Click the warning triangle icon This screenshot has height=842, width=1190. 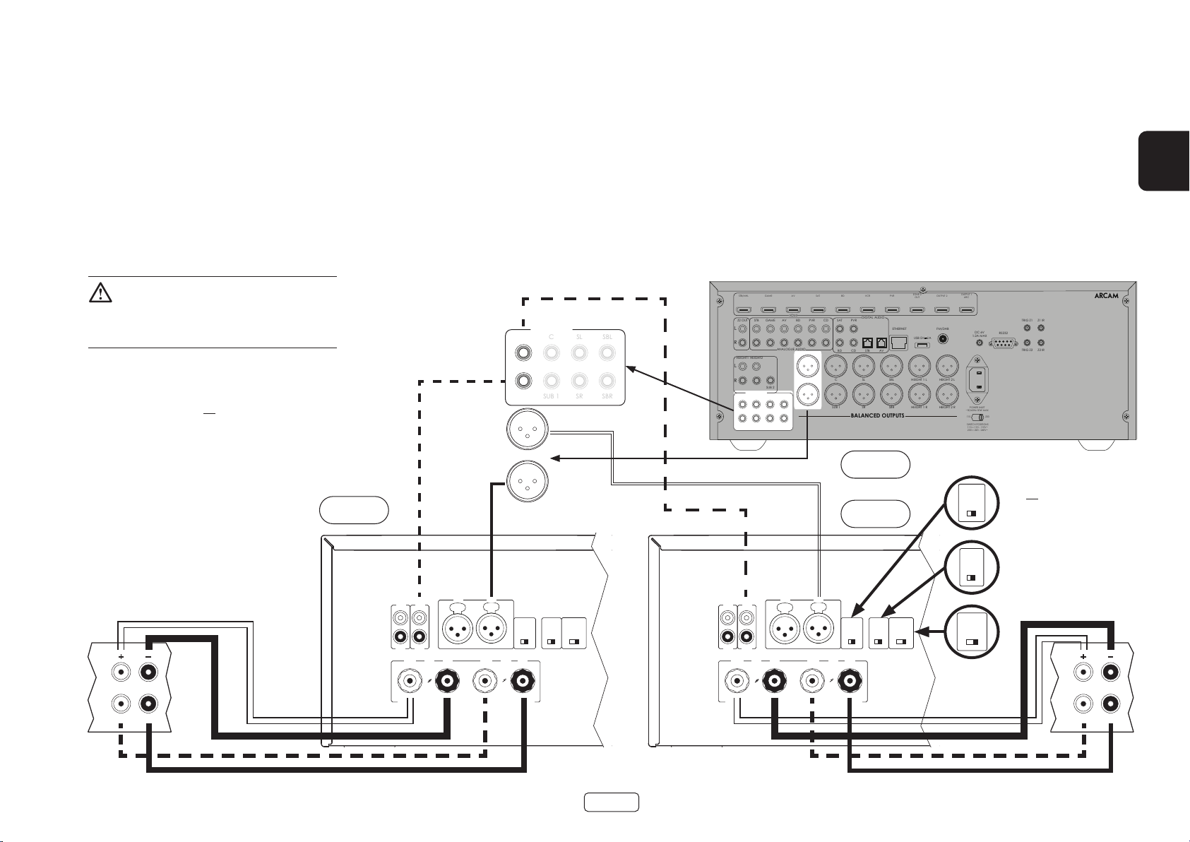pyautogui.click(x=100, y=293)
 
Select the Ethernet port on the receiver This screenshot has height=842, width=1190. pyautogui.click(x=899, y=342)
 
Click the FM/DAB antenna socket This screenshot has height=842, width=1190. pyautogui.click(x=941, y=338)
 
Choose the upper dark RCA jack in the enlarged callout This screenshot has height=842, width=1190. pyautogui.click(x=523, y=352)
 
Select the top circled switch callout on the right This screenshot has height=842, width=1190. pyautogui.click(x=972, y=502)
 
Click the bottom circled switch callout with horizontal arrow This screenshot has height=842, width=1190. pyautogui.click(x=972, y=632)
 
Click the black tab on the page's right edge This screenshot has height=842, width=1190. pyautogui.click(x=1163, y=160)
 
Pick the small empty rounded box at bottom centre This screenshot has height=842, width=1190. pyautogui.click(x=611, y=802)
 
